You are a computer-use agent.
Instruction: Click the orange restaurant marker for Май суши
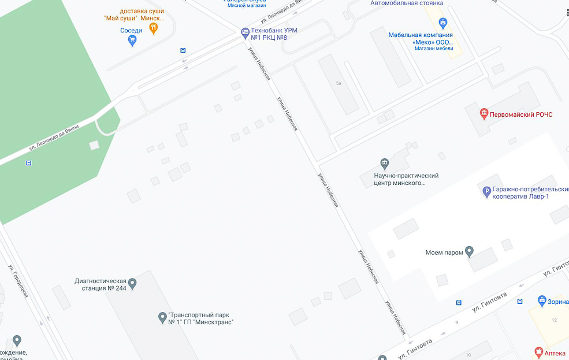(x=153, y=27)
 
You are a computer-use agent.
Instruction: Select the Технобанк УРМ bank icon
(x=245, y=32)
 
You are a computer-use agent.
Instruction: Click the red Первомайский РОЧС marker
(x=484, y=114)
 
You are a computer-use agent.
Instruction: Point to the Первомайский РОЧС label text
(x=521, y=114)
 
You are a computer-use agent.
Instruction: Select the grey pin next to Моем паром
(x=470, y=252)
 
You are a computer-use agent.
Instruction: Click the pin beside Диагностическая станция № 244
(x=132, y=283)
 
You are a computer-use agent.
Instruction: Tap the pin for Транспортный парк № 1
(x=162, y=317)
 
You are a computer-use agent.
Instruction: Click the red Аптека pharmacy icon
(x=538, y=352)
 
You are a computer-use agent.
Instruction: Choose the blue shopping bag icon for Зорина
(x=541, y=300)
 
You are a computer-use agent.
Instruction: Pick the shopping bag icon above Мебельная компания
(x=443, y=23)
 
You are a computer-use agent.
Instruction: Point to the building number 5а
(x=339, y=84)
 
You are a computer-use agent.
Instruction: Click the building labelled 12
(x=554, y=320)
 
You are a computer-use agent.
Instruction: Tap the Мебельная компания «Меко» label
(x=421, y=38)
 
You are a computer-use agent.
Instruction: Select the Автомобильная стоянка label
(x=407, y=3)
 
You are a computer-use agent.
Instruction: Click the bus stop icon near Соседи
(x=183, y=50)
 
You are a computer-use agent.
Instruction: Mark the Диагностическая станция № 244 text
(x=101, y=284)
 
